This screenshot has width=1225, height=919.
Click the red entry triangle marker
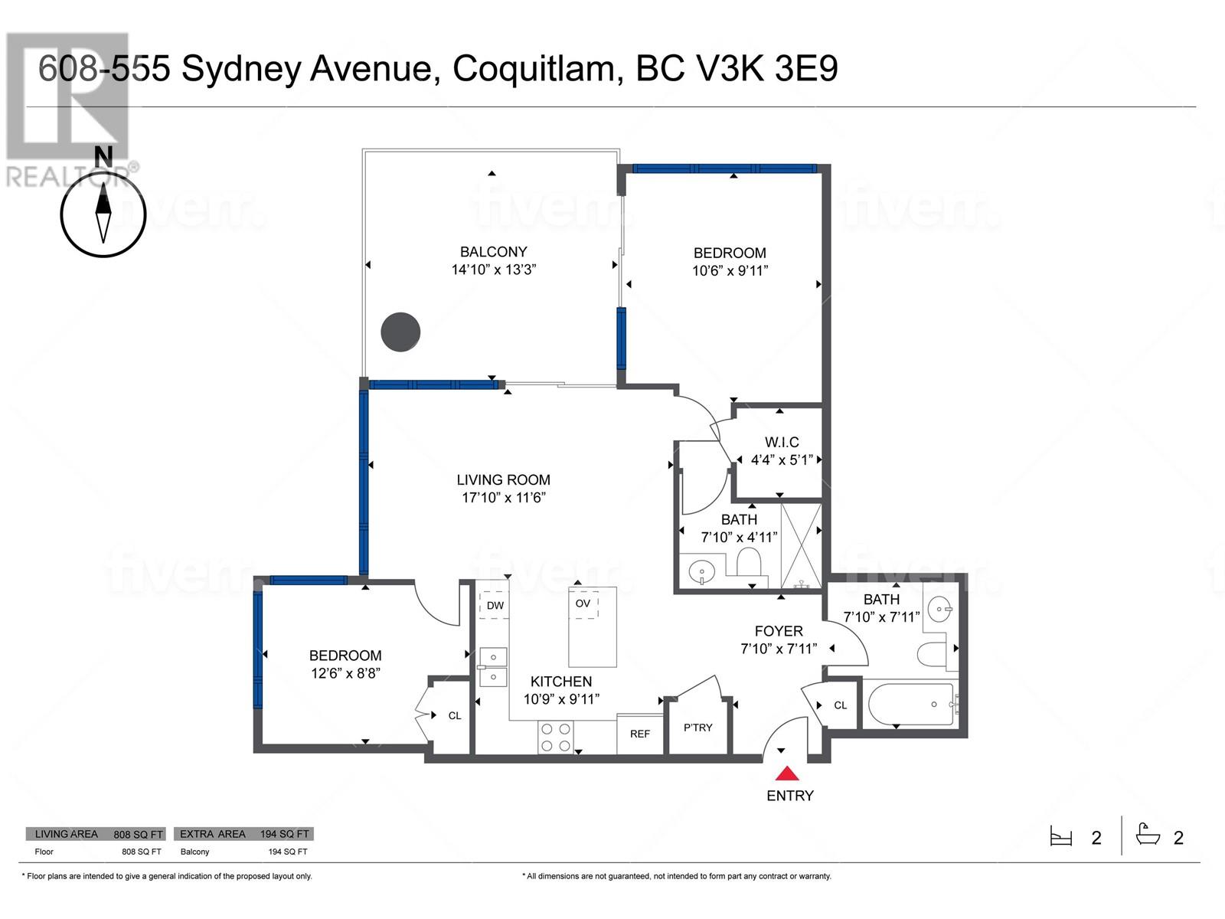(x=787, y=773)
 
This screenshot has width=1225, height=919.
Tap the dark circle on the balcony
(x=400, y=332)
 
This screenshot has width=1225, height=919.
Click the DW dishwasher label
(x=495, y=606)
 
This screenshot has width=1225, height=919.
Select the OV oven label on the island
(x=583, y=603)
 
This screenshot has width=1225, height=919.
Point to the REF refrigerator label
(x=639, y=734)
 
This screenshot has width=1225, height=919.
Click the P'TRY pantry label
(x=697, y=727)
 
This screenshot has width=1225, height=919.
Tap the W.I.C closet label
(x=782, y=442)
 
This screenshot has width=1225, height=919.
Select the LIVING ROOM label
(x=503, y=479)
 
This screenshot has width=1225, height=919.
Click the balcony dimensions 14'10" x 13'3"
(x=493, y=270)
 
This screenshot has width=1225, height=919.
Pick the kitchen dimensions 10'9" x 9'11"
(x=561, y=698)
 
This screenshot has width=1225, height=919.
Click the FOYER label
(x=779, y=631)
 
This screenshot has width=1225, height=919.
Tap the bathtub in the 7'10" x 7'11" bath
(x=911, y=704)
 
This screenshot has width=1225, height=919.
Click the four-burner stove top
(x=556, y=737)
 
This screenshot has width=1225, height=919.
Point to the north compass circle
(x=103, y=215)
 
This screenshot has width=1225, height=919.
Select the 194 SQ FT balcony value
(x=287, y=852)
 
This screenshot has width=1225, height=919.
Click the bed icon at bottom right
(x=1061, y=837)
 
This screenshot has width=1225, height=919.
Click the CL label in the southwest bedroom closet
(x=454, y=715)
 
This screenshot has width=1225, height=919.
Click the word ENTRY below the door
(x=789, y=796)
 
